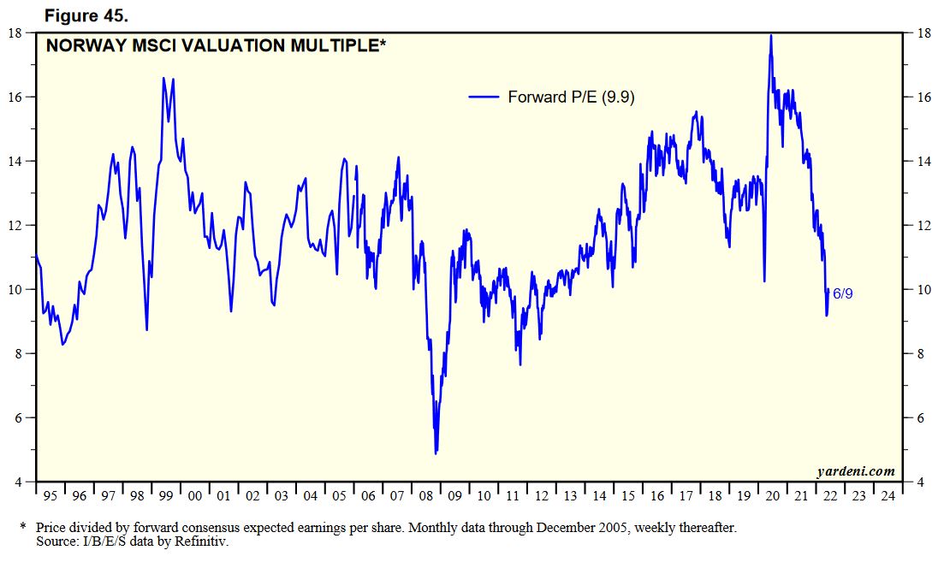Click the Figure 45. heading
[x=93, y=15]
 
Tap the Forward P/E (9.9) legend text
[x=570, y=98]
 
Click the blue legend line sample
[x=484, y=98]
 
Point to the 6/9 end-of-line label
[x=842, y=294]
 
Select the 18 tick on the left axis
[x=15, y=33]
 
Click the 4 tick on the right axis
[x=922, y=482]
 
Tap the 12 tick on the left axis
[x=15, y=226]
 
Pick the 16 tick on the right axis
[x=924, y=98]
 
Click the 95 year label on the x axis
[x=50, y=496]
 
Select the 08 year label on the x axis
[x=426, y=496]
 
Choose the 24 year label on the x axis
[x=888, y=496]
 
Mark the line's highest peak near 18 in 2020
[x=770, y=36]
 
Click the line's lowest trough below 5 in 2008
[x=436, y=453]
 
